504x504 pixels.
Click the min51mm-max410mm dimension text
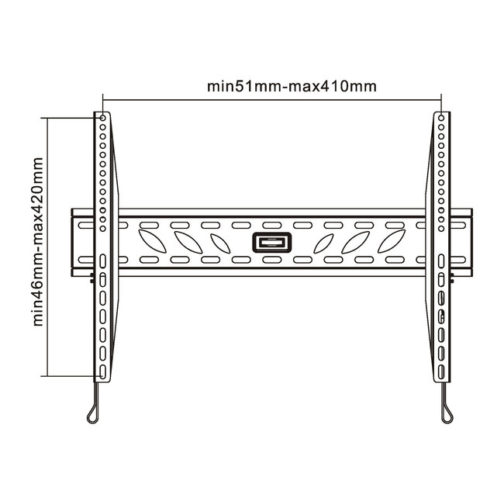click(292, 86)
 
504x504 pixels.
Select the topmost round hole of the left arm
click(102, 119)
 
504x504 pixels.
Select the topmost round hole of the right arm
click(440, 119)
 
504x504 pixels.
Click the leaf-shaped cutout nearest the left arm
click(147, 233)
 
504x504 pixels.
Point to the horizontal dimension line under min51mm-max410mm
click(271, 99)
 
